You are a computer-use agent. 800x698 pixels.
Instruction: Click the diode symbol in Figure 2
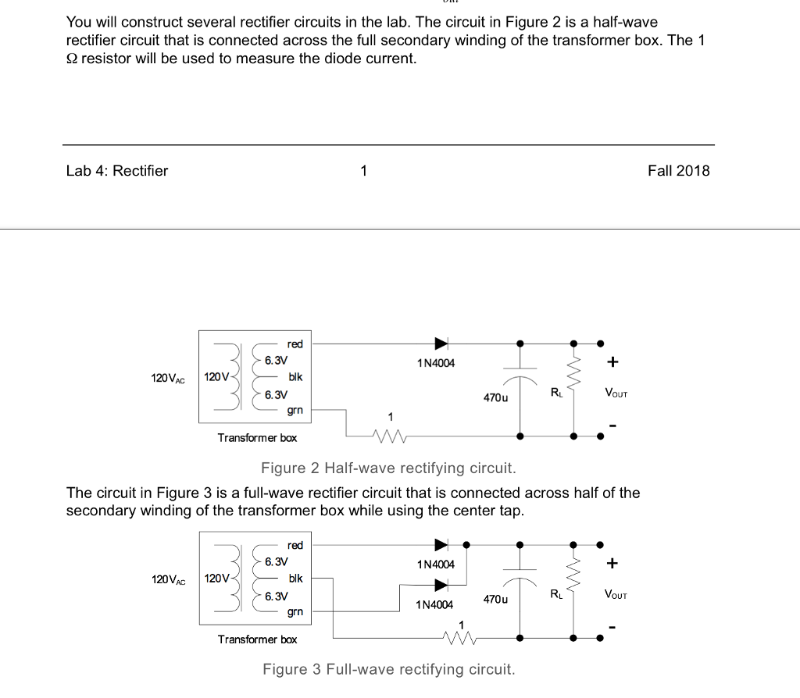(x=441, y=343)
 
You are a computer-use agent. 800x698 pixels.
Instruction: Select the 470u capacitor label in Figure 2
(x=495, y=398)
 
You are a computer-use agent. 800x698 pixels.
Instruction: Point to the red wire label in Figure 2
(x=295, y=344)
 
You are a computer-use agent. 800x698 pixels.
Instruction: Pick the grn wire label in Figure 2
(x=295, y=410)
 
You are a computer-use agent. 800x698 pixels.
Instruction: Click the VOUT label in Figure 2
(x=616, y=394)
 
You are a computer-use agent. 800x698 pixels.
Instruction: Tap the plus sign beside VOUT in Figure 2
(x=613, y=361)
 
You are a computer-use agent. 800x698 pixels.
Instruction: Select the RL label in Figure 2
(x=556, y=393)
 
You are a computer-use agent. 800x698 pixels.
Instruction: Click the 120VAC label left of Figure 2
(x=168, y=378)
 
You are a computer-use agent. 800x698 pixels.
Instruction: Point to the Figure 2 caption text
(x=388, y=468)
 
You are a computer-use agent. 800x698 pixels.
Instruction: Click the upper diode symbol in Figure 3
(x=441, y=544)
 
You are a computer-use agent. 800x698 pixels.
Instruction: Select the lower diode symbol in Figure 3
(x=441, y=584)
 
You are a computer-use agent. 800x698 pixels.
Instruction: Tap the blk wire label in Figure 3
(x=295, y=579)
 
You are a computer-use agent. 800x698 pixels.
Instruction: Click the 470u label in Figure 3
(x=495, y=600)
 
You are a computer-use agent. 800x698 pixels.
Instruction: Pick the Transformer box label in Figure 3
(x=257, y=639)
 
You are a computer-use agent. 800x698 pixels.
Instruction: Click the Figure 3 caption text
(x=388, y=670)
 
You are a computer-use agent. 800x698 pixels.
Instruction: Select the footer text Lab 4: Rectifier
(x=117, y=171)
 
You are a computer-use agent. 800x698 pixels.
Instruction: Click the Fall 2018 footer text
(x=678, y=171)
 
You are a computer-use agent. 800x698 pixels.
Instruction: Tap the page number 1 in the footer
(x=363, y=171)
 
